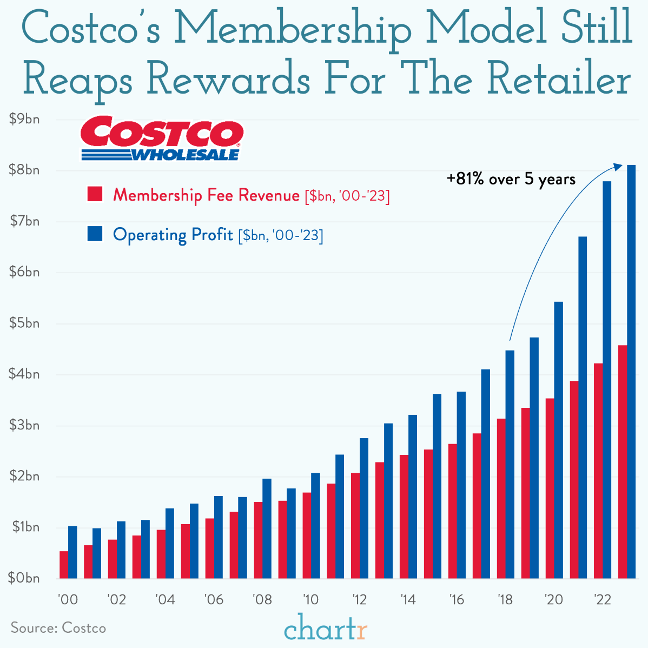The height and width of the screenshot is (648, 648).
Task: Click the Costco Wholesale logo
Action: pos(162,138)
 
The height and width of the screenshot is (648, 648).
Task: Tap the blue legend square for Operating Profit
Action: pos(95,234)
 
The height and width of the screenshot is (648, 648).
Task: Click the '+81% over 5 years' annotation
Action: pos(511,179)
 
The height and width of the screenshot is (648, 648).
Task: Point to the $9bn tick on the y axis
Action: pos(24,119)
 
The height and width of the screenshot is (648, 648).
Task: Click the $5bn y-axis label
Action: pos(24,323)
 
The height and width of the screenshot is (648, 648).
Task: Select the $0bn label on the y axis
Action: pos(24,578)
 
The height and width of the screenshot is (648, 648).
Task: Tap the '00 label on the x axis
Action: pos(68,599)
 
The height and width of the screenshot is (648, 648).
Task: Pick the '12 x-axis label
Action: pos(359,599)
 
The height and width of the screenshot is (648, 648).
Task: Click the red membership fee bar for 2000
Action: pos(64,565)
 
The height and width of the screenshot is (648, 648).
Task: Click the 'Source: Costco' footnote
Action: pos(58,628)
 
